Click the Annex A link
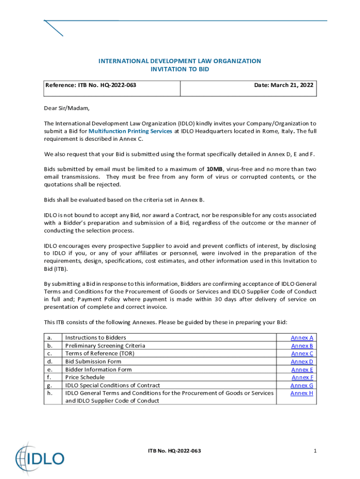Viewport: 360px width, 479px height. tap(302, 338)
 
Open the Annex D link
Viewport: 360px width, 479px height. tap(302, 362)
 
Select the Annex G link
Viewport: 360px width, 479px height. tap(302, 385)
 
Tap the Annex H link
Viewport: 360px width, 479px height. tap(302, 393)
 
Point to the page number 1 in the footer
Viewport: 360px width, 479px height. tap(316, 450)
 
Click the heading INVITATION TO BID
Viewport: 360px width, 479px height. tap(180, 69)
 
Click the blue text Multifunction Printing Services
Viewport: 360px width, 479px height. tap(130, 131)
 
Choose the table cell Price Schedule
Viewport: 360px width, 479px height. tap(85, 377)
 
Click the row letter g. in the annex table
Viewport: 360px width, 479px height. tap(49, 385)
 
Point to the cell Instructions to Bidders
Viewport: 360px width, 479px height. tap(95, 338)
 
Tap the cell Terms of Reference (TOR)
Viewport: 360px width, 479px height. tap(100, 354)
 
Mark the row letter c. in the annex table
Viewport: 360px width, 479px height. tap(49, 354)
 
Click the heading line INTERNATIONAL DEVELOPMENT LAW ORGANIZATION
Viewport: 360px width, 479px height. tap(180, 61)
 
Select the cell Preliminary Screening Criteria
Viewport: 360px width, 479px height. tap(105, 346)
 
